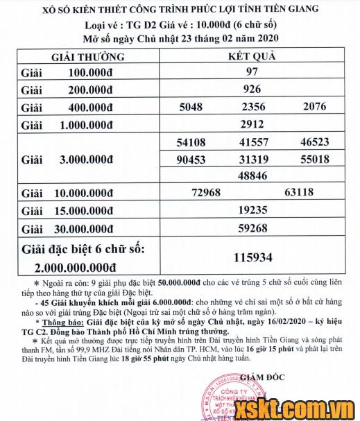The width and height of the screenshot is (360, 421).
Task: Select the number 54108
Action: (x=191, y=142)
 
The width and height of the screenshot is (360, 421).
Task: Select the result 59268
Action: (x=252, y=227)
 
